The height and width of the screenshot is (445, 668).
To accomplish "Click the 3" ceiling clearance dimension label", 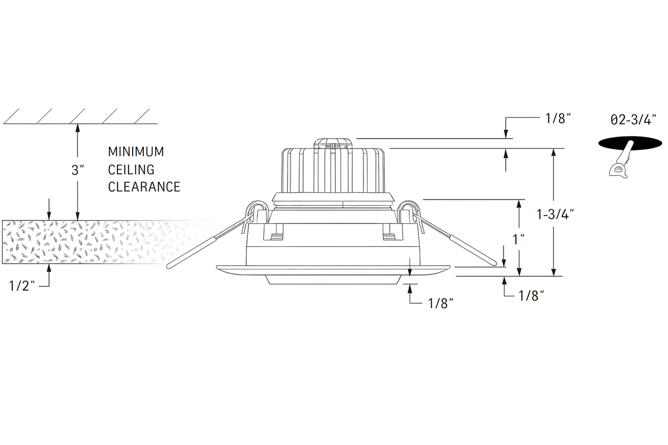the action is coord(78,170).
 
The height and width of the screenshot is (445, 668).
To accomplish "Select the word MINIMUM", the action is coord(136,152).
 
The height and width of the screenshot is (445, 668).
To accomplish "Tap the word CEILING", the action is coord(131,170).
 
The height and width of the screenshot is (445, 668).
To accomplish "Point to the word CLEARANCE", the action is coord(144,187).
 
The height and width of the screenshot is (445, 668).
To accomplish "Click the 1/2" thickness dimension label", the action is coord(22,286).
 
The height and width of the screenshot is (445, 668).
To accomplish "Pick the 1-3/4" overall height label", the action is coord(555,214).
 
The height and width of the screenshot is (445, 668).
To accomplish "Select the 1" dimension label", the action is coord(519,239).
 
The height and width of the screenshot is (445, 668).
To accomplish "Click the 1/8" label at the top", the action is coord(558,118).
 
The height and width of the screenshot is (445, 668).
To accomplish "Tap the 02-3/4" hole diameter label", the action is coord(633,120).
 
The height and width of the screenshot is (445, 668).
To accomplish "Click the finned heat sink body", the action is coord(333,170).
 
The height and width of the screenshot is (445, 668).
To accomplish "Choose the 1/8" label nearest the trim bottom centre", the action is coord(441,304).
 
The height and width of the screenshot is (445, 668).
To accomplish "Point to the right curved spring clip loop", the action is coord(410,212).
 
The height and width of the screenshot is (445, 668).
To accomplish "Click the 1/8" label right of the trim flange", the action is coord(531,296).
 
